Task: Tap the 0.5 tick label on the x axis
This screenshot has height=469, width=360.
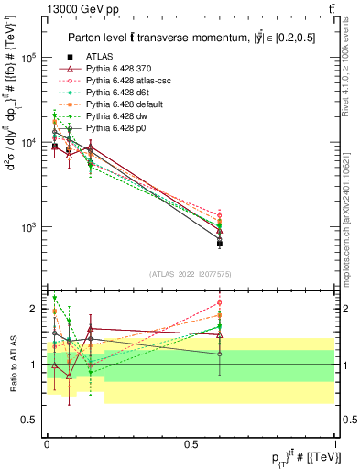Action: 191,442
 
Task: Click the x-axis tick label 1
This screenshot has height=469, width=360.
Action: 335,442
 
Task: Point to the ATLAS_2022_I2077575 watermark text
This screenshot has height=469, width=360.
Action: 191,274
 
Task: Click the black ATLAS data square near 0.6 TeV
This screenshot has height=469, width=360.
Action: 220,244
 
